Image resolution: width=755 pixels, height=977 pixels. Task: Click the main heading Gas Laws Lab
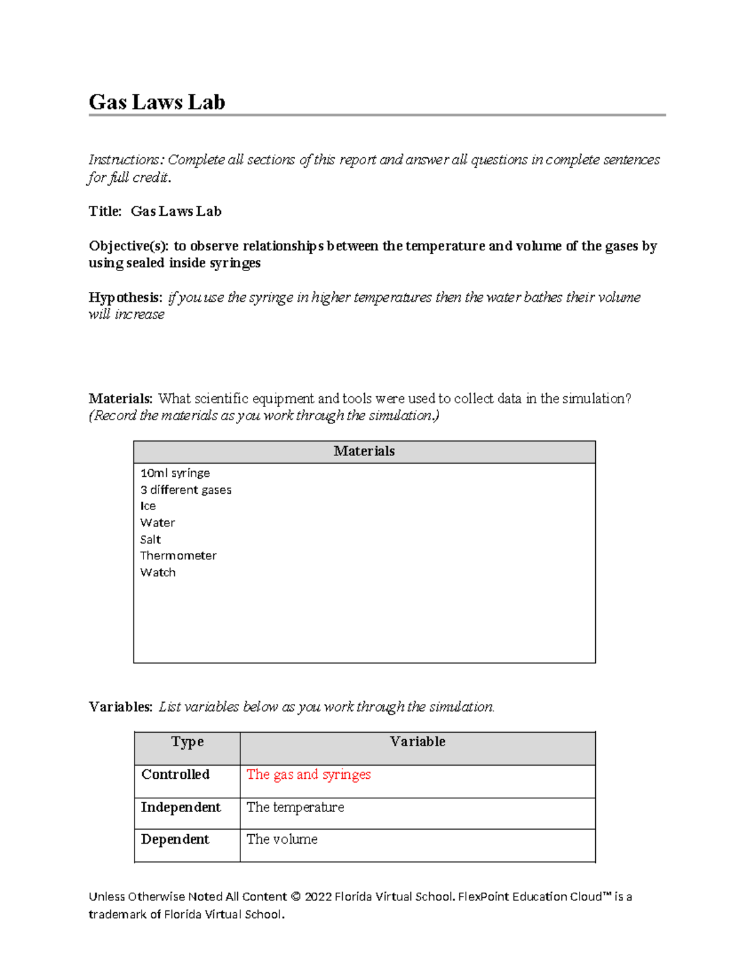coord(157,102)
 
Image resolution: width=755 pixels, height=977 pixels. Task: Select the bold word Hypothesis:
coord(125,297)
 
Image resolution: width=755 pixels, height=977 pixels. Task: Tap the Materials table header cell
coord(364,451)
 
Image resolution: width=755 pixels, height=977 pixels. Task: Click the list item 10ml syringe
coord(175,473)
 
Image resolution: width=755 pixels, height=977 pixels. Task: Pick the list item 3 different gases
coord(186,490)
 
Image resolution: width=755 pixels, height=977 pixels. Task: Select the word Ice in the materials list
coord(148,506)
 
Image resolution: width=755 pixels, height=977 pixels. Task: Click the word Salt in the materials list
coord(150,540)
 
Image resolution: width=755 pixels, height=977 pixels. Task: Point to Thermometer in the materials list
coord(178,556)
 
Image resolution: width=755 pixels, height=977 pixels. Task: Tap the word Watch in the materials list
coord(158,572)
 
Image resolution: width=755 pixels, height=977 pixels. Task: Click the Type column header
coord(187,742)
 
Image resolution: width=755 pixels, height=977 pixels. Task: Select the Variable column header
coord(417,742)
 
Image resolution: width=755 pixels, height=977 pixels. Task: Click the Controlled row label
coord(175,774)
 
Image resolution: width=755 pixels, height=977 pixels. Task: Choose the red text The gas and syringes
coord(308,774)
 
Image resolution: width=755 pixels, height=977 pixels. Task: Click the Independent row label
coord(181,807)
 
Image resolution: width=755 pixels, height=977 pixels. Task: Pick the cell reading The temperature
coord(295,807)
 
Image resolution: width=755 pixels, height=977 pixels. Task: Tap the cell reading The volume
coord(282,839)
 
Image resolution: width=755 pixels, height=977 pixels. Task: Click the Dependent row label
coord(175,839)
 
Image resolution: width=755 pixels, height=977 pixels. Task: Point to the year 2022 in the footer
coord(318,896)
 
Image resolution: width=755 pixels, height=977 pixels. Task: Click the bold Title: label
coord(105,211)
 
